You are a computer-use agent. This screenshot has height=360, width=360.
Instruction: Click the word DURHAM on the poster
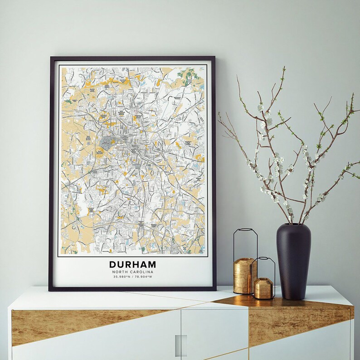pyautogui.click(x=132, y=264)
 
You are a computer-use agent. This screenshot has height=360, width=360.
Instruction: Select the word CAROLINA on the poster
pyautogui.click(x=141, y=272)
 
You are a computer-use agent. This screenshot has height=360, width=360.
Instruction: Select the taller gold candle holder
pyautogui.click(x=244, y=275)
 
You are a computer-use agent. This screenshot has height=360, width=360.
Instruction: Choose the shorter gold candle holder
pyautogui.click(x=263, y=288)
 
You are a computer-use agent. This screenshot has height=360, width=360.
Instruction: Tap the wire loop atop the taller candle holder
pyautogui.click(x=245, y=243)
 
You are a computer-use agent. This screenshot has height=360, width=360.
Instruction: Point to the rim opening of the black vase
pyautogui.click(x=294, y=224)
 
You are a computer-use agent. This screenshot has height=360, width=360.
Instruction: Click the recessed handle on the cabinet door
pyautogui.click(x=181, y=345)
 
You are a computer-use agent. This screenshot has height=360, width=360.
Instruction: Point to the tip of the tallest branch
pyautogui.click(x=284, y=68)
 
